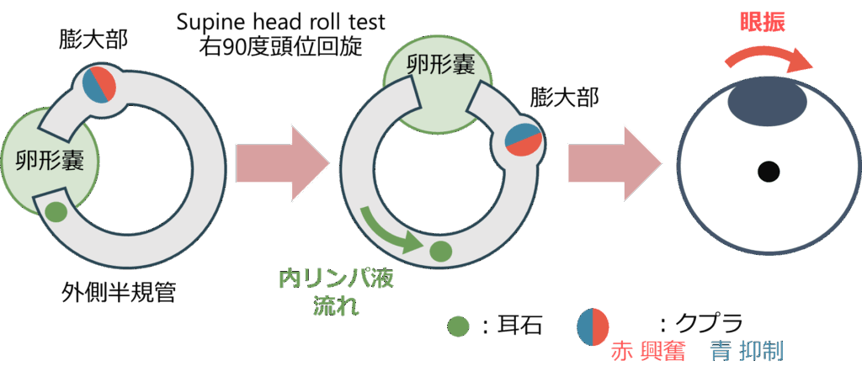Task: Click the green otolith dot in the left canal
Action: [x=56, y=210]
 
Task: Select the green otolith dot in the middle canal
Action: [x=440, y=249]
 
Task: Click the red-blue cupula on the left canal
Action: [x=98, y=86]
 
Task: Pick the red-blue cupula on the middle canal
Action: [x=522, y=140]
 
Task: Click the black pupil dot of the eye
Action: [x=767, y=172]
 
